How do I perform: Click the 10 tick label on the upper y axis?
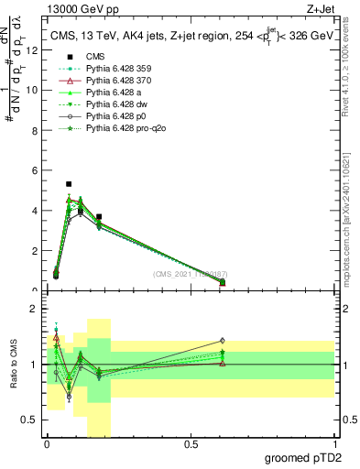coord(32,91)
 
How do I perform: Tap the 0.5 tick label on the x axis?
coord(191,444)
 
